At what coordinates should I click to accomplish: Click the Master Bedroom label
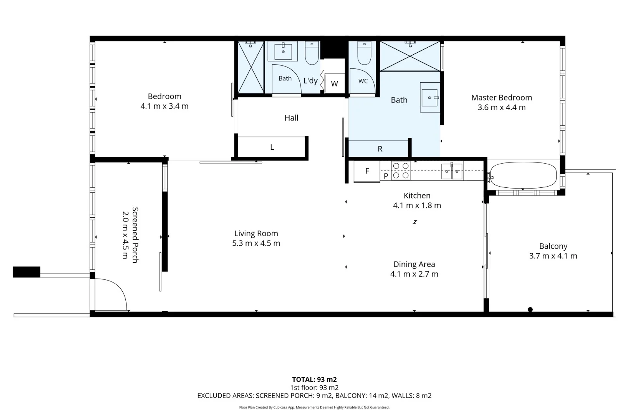(502, 98)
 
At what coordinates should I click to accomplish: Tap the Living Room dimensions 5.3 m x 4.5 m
(256, 243)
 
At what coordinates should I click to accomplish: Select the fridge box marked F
(367, 171)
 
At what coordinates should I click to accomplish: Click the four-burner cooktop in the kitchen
(401, 171)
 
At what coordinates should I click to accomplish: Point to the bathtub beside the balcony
(523, 175)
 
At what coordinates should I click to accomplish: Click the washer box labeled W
(334, 83)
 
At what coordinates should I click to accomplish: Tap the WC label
(363, 81)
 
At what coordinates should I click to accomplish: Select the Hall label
(291, 118)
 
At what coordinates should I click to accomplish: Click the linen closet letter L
(272, 147)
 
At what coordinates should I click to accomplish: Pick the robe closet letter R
(380, 149)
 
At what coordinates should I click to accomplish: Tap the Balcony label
(553, 246)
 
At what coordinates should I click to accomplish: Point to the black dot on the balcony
(530, 310)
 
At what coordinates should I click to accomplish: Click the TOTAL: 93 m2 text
(314, 379)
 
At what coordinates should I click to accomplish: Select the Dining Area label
(414, 264)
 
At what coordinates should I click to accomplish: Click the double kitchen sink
(452, 171)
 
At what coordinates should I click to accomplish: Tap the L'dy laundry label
(310, 81)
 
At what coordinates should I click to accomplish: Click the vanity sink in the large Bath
(430, 97)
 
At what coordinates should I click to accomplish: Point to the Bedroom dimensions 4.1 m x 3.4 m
(165, 106)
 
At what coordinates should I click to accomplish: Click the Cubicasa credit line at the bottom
(314, 407)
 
